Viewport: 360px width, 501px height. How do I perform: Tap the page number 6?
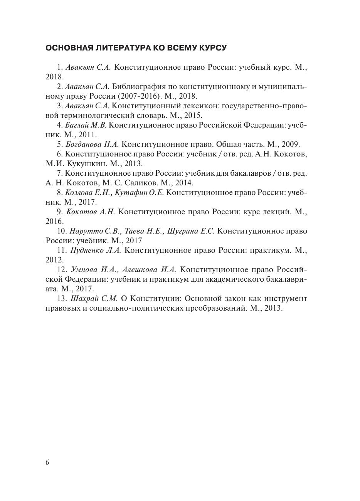pyautogui.click(x=47, y=463)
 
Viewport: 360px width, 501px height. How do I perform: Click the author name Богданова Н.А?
pyautogui.click(x=92, y=144)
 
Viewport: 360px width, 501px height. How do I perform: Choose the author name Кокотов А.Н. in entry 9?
pyautogui.click(x=91, y=212)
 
